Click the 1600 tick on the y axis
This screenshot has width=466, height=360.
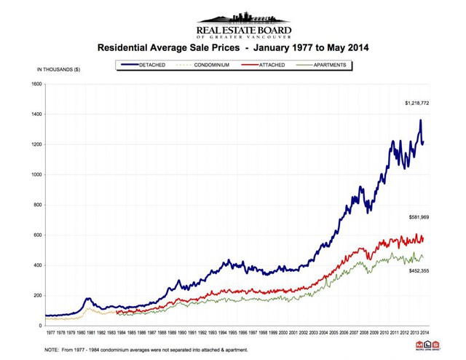[x=36, y=85]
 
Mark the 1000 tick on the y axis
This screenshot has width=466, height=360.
[x=36, y=175]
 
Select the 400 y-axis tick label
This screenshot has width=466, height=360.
[x=37, y=265]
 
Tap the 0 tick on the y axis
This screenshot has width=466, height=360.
[x=40, y=326]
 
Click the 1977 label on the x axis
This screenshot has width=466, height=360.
[x=50, y=332]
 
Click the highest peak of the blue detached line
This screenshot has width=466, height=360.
[x=420, y=121]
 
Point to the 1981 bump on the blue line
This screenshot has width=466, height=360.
[x=88, y=298]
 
